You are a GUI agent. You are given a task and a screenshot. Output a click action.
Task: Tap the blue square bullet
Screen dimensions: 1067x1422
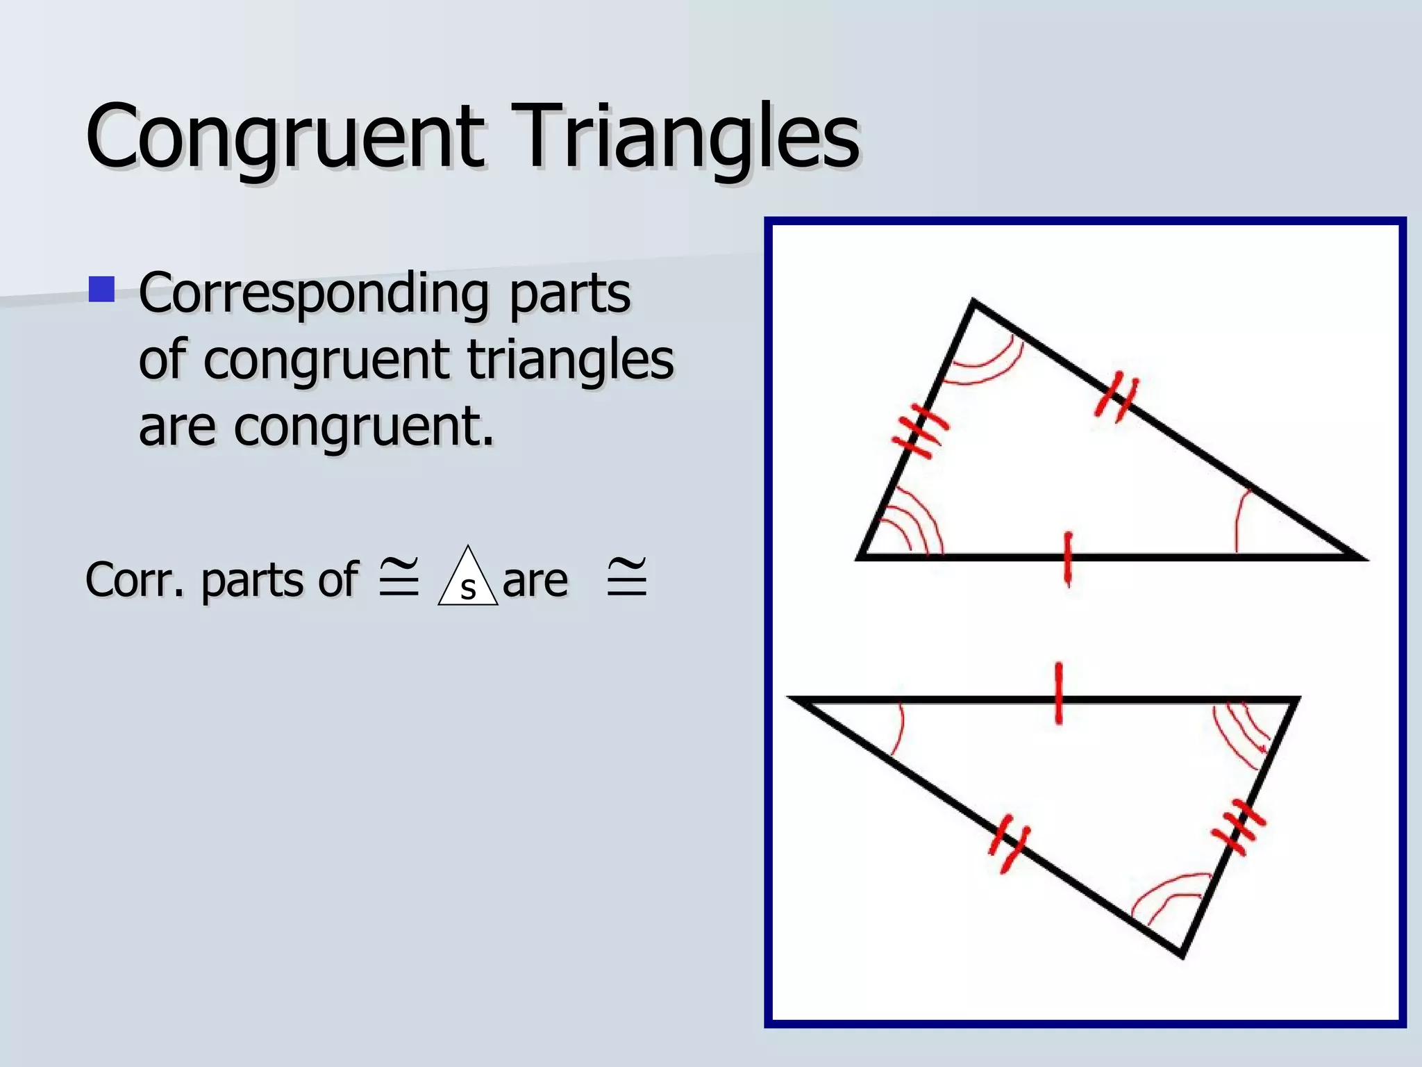pyautogui.click(x=102, y=290)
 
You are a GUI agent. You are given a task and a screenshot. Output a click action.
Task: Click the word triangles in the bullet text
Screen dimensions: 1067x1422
pyautogui.click(x=570, y=359)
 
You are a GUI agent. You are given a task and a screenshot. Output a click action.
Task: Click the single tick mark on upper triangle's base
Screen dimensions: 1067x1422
pyautogui.click(x=1068, y=558)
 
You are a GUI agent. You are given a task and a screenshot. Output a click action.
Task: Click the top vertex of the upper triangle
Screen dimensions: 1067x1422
pyautogui.click(x=973, y=301)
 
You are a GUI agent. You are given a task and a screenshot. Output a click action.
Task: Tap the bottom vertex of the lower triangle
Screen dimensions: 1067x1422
pyautogui.click(x=1182, y=955)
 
